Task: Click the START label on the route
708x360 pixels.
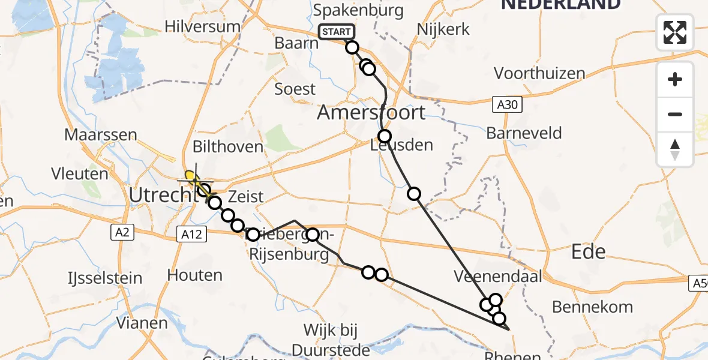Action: click(x=337, y=32)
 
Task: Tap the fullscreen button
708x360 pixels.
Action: click(x=675, y=32)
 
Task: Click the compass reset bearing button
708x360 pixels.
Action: click(x=675, y=149)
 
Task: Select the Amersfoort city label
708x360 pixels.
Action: click(x=371, y=112)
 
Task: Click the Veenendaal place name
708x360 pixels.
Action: click(x=498, y=277)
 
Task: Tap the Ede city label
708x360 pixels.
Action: click(x=589, y=251)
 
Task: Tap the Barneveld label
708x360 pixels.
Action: click(x=524, y=133)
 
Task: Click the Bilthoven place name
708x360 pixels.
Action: click(x=227, y=146)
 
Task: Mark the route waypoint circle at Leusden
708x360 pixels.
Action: click(x=385, y=136)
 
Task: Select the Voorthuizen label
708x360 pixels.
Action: click(x=539, y=73)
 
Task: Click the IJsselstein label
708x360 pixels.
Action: click(x=104, y=278)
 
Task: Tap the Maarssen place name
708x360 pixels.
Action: click(x=101, y=135)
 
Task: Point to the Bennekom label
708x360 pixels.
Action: click(x=592, y=307)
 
